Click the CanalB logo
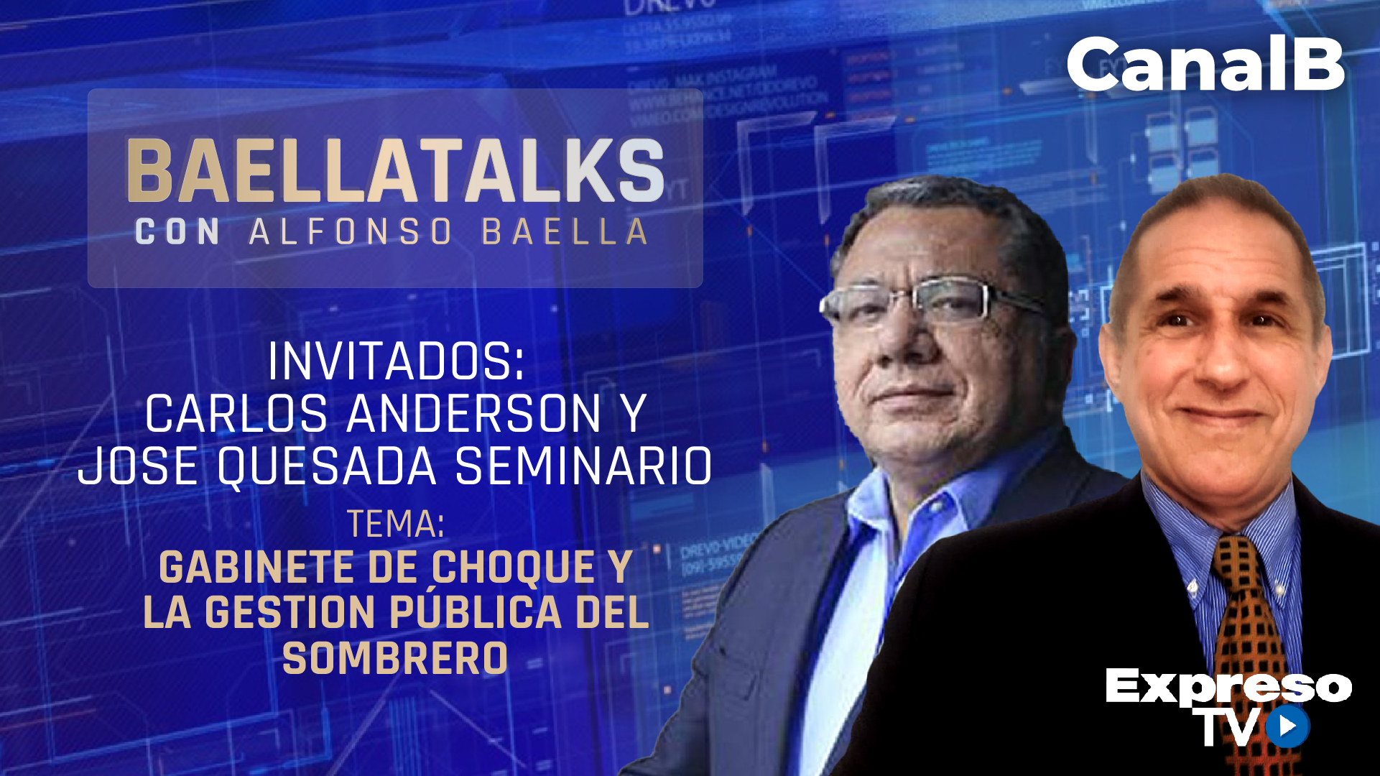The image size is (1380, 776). tap(1205, 65)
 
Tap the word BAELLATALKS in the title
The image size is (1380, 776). tap(395, 171)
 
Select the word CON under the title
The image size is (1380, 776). tap(177, 232)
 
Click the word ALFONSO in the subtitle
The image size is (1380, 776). tap(351, 232)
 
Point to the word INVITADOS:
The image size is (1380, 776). tap(397, 361)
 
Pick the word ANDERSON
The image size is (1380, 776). tap(474, 414)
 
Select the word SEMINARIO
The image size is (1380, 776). tap(583, 466)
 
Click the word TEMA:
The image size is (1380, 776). tap(396, 524)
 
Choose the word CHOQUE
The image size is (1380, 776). tap(514, 568)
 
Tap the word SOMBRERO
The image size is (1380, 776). tap(395, 658)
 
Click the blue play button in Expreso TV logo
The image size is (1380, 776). tap(1287, 726)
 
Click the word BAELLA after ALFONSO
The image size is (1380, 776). tap(565, 232)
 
